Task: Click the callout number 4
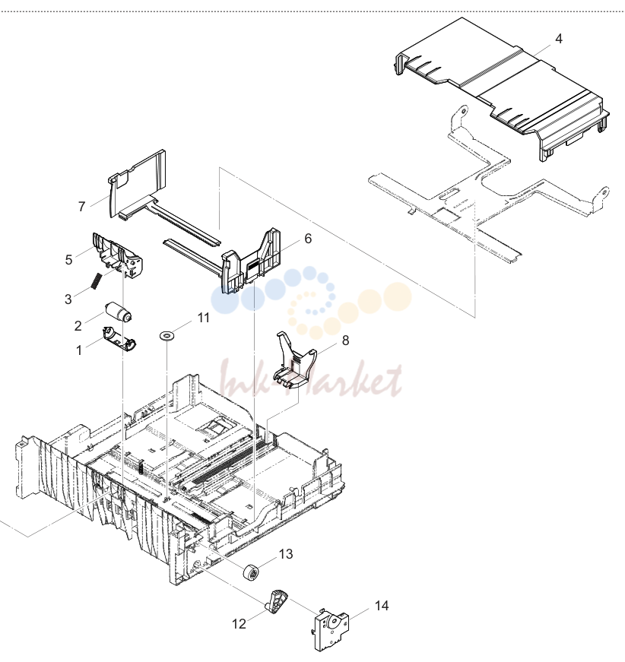[558, 39]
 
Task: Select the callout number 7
[82, 207]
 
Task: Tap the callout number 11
[204, 318]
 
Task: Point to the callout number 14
[382, 606]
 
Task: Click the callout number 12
[239, 623]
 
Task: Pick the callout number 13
[286, 553]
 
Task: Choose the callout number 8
[345, 340]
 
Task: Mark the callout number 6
[308, 239]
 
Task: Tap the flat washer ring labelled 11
[167, 336]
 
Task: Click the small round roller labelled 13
[251, 572]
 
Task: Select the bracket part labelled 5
[118, 255]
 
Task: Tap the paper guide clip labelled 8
[295, 360]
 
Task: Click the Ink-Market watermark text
[311, 379]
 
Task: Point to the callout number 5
[69, 260]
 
